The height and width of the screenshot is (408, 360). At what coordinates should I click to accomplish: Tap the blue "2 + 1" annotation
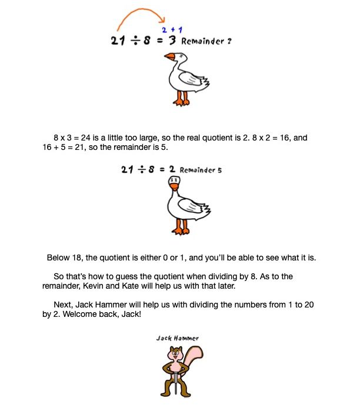click(x=171, y=29)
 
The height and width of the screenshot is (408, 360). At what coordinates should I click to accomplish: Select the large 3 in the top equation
click(x=172, y=41)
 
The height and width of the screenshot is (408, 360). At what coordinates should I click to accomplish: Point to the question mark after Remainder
click(x=221, y=42)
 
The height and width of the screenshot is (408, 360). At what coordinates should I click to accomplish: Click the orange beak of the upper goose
click(x=169, y=57)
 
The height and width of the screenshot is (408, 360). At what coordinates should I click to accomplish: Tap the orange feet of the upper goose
click(x=181, y=101)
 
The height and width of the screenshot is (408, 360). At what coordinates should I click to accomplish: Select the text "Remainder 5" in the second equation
click(x=201, y=170)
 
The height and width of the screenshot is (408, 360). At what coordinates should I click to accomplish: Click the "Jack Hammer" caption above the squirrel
click(x=177, y=338)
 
